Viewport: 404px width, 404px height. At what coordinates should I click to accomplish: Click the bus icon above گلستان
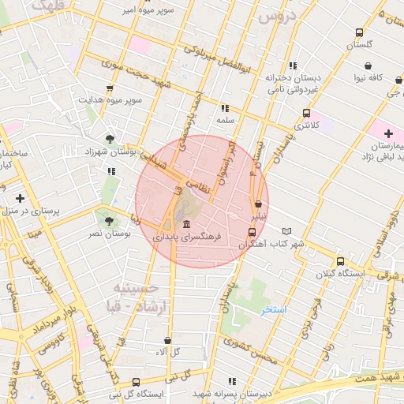click(360, 33)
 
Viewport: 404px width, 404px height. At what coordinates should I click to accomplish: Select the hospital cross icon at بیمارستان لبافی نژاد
click(388, 133)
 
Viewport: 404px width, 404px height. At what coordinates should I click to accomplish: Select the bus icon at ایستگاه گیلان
click(340, 261)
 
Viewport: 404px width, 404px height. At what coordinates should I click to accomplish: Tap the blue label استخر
click(275, 310)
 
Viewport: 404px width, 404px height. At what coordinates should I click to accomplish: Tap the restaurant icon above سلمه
click(225, 108)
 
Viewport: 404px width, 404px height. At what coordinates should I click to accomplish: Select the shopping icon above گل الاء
click(164, 339)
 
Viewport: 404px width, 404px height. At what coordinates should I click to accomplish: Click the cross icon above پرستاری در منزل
click(20, 198)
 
